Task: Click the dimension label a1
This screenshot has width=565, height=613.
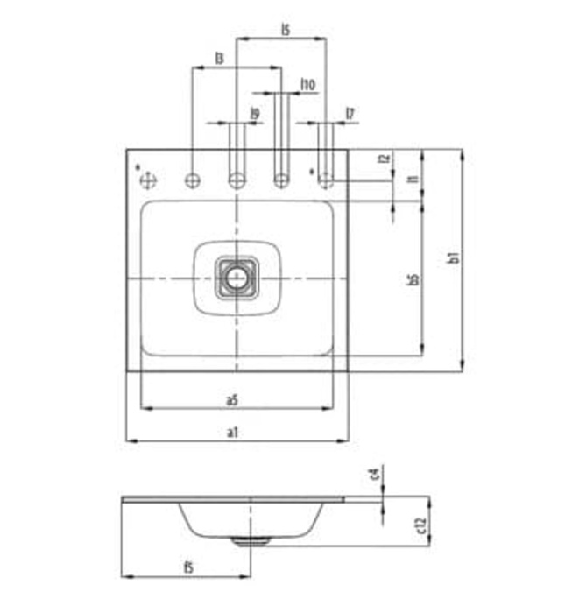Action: [232, 431]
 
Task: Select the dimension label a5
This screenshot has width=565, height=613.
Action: [232, 399]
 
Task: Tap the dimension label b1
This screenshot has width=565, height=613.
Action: [453, 258]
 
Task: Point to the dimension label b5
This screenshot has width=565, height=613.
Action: [413, 279]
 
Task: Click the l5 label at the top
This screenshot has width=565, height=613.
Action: [286, 30]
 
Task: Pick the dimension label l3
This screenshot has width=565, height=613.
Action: [219, 58]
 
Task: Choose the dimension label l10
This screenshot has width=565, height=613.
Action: [307, 84]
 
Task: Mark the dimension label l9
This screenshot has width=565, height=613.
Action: [254, 113]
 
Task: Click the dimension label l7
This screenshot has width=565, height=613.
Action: [350, 113]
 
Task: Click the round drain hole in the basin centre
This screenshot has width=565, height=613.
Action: [237, 278]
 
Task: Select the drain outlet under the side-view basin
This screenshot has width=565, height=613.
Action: [250, 540]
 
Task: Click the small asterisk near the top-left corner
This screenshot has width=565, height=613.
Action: [138, 165]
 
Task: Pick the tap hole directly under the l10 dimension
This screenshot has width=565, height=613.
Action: [281, 180]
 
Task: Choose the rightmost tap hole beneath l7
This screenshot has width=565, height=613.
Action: [326, 180]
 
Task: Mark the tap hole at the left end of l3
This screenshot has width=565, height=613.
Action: [192, 180]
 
